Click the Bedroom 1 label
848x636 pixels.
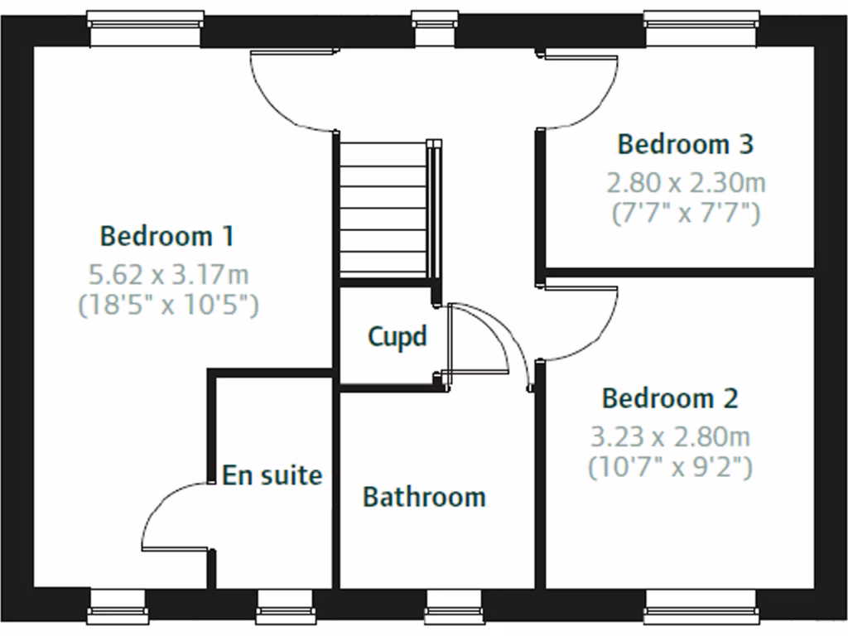tap(166, 236)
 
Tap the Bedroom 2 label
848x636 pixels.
tap(669, 398)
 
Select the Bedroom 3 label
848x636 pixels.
tap(686, 144)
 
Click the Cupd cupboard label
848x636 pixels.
tap(397, 337)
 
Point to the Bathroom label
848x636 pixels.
tap(424, 497)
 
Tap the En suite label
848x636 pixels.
tap(272, 475)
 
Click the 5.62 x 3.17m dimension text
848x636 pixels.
tap(169, 272)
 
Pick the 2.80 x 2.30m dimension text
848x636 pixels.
tap(686, 181)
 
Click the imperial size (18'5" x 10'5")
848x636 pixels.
tap(169, 306)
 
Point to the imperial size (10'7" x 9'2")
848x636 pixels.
tap(669, 468)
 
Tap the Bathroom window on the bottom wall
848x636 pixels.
tap(454, 606)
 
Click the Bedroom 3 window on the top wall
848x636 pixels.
tap(701, 30)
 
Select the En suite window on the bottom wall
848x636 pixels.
tap(284, 606)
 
